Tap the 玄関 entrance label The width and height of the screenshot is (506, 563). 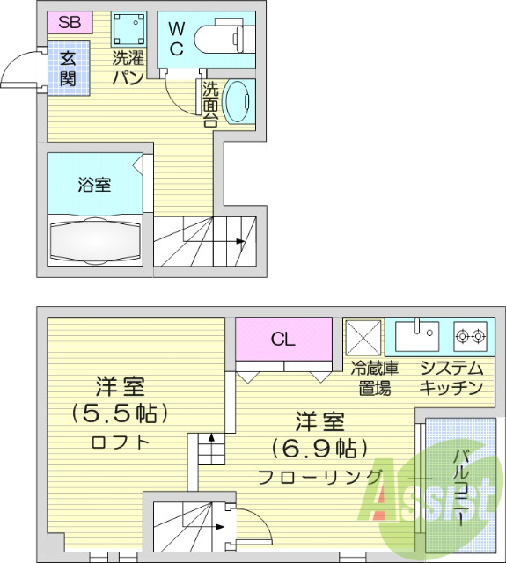click(x=69, y=69)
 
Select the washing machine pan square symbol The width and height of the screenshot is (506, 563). click(x=128, y=30)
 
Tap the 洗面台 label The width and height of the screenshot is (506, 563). click(x=211, y=104)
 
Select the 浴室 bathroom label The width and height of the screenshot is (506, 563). click(x=93, y=185)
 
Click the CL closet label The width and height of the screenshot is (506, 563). click(x=282, y=339)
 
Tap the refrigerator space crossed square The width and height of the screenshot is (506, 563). click(x=363, y=336)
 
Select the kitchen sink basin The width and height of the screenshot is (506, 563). click(x=416, y=335)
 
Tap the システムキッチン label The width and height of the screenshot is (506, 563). click(x=451, y=377)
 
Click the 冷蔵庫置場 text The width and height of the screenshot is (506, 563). click(x=375, y=377)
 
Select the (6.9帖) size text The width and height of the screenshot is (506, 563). click(x=319, y=448)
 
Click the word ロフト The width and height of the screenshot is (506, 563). click(x=121, y=442)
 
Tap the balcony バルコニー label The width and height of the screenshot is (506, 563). click(x=460, y=488)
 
